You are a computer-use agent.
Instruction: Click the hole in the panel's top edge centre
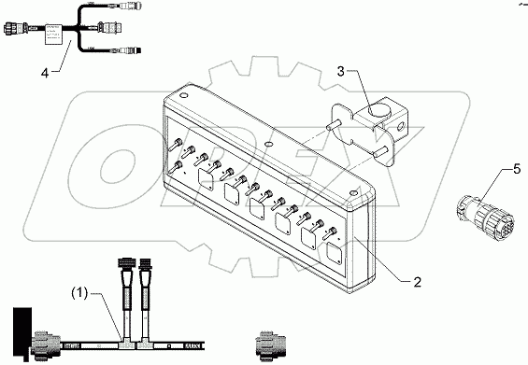(x=269, y=146)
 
